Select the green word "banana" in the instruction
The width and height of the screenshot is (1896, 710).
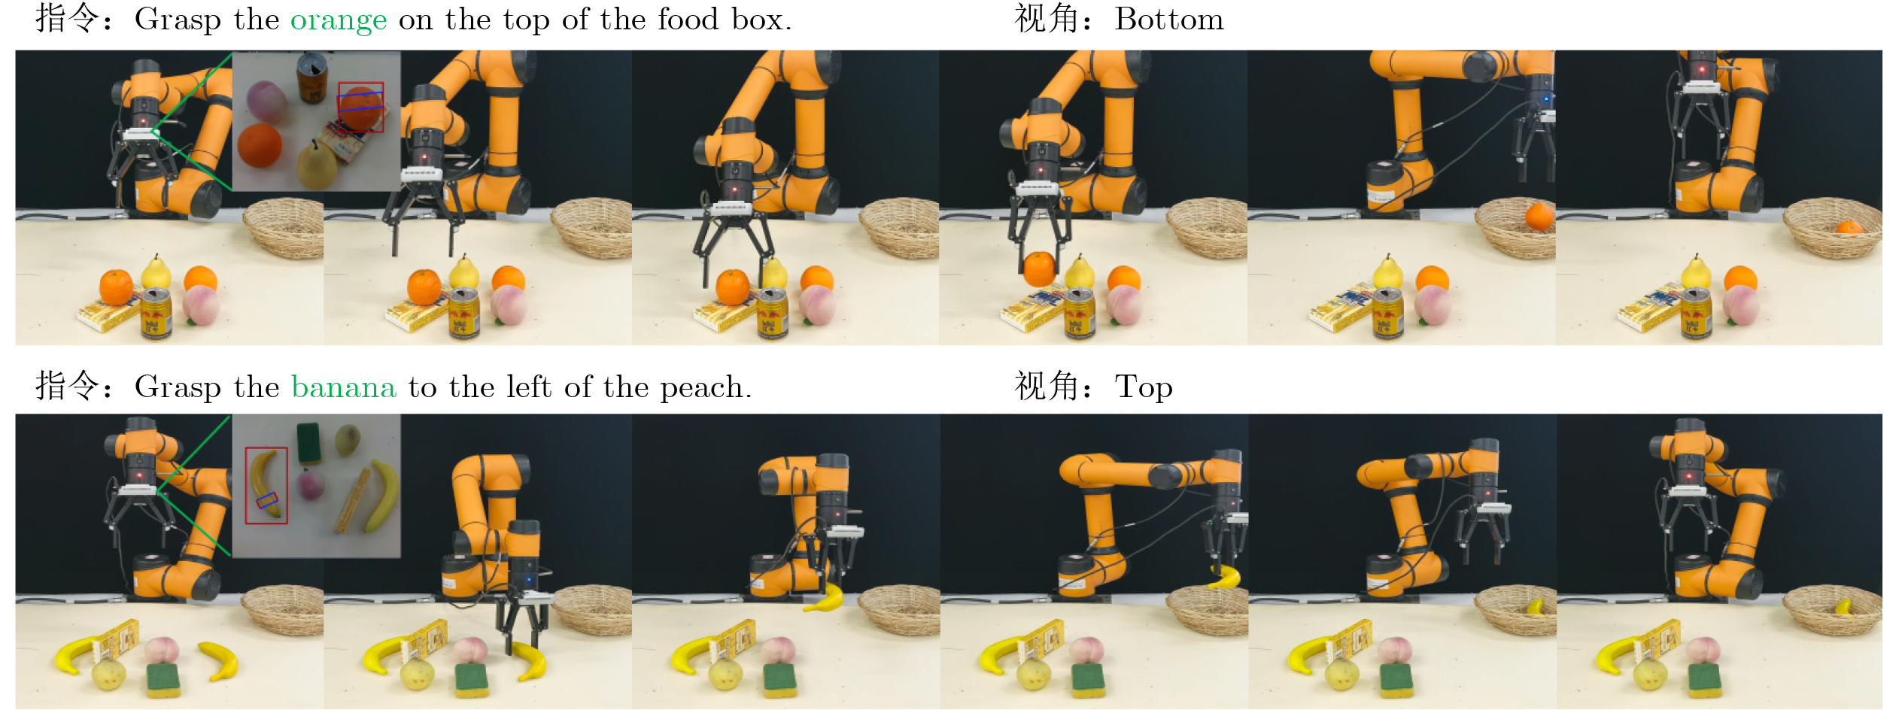(344, 387)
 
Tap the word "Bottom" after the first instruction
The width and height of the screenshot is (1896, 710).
(1169, 19)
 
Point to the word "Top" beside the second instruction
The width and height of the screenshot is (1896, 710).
(1144, 388)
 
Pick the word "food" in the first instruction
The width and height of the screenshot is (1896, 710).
(688, 19)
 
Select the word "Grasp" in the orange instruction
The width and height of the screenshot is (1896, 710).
(178, 20)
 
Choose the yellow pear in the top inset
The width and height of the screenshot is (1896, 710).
(317, 165)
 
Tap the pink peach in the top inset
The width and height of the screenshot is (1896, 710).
(266, 101)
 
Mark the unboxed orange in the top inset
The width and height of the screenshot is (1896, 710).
(260, 145)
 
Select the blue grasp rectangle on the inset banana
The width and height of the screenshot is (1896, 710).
(267, 500)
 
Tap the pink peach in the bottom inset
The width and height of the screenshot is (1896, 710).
(310, 484)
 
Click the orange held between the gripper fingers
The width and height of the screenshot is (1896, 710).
(1040, 269)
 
